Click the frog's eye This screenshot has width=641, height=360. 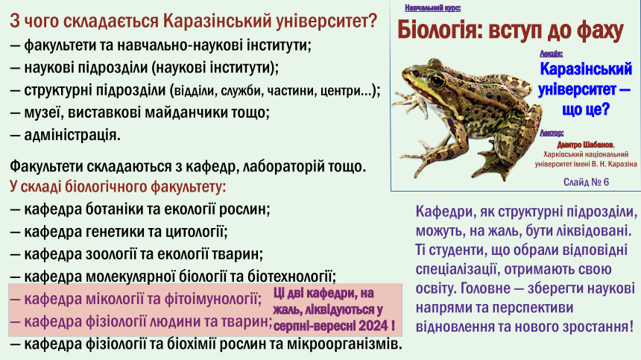(437, 80)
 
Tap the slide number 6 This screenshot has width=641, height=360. (605, 183)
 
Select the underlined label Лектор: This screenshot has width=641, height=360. (552, 133)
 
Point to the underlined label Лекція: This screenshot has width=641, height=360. (551, 54)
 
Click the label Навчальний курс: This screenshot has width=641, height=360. (433, 7)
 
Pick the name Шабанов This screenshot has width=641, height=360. (599, 145)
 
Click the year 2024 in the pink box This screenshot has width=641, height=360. (373, 326)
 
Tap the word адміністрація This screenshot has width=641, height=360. (72, 135)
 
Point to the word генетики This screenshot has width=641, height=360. (111, 232)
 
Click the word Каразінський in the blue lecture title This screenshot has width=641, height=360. (586, 69)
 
